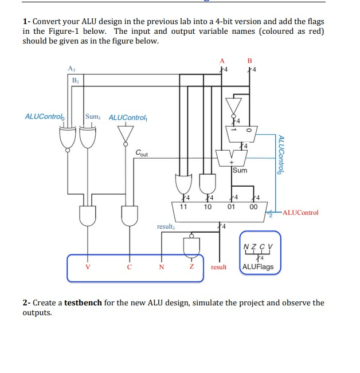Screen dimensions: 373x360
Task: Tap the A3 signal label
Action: (x=71, y=68)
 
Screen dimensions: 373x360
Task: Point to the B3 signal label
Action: (x=76, y=81)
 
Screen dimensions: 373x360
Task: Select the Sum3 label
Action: (x=92, y=117)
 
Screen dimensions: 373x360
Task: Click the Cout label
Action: (x=142, y=153)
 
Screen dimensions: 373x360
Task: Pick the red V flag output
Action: (x=87, y=267)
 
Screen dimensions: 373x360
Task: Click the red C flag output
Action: (x=130, y=267)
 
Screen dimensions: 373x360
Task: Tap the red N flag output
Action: (x=161, y=267)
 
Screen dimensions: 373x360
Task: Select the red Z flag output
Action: (x=192, y=267)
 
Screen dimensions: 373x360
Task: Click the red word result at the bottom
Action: (x=219, y=267)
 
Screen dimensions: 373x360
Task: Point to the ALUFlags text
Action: (x=258, y=267)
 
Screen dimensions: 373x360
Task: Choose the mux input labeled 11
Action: (x=184, y=207)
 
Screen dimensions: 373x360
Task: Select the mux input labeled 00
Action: (x=253, y=207)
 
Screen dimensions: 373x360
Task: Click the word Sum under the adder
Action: (x=240, y=170)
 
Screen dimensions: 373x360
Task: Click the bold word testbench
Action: (x=83, y=303)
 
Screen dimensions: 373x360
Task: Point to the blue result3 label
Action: (x=166, y=226)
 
